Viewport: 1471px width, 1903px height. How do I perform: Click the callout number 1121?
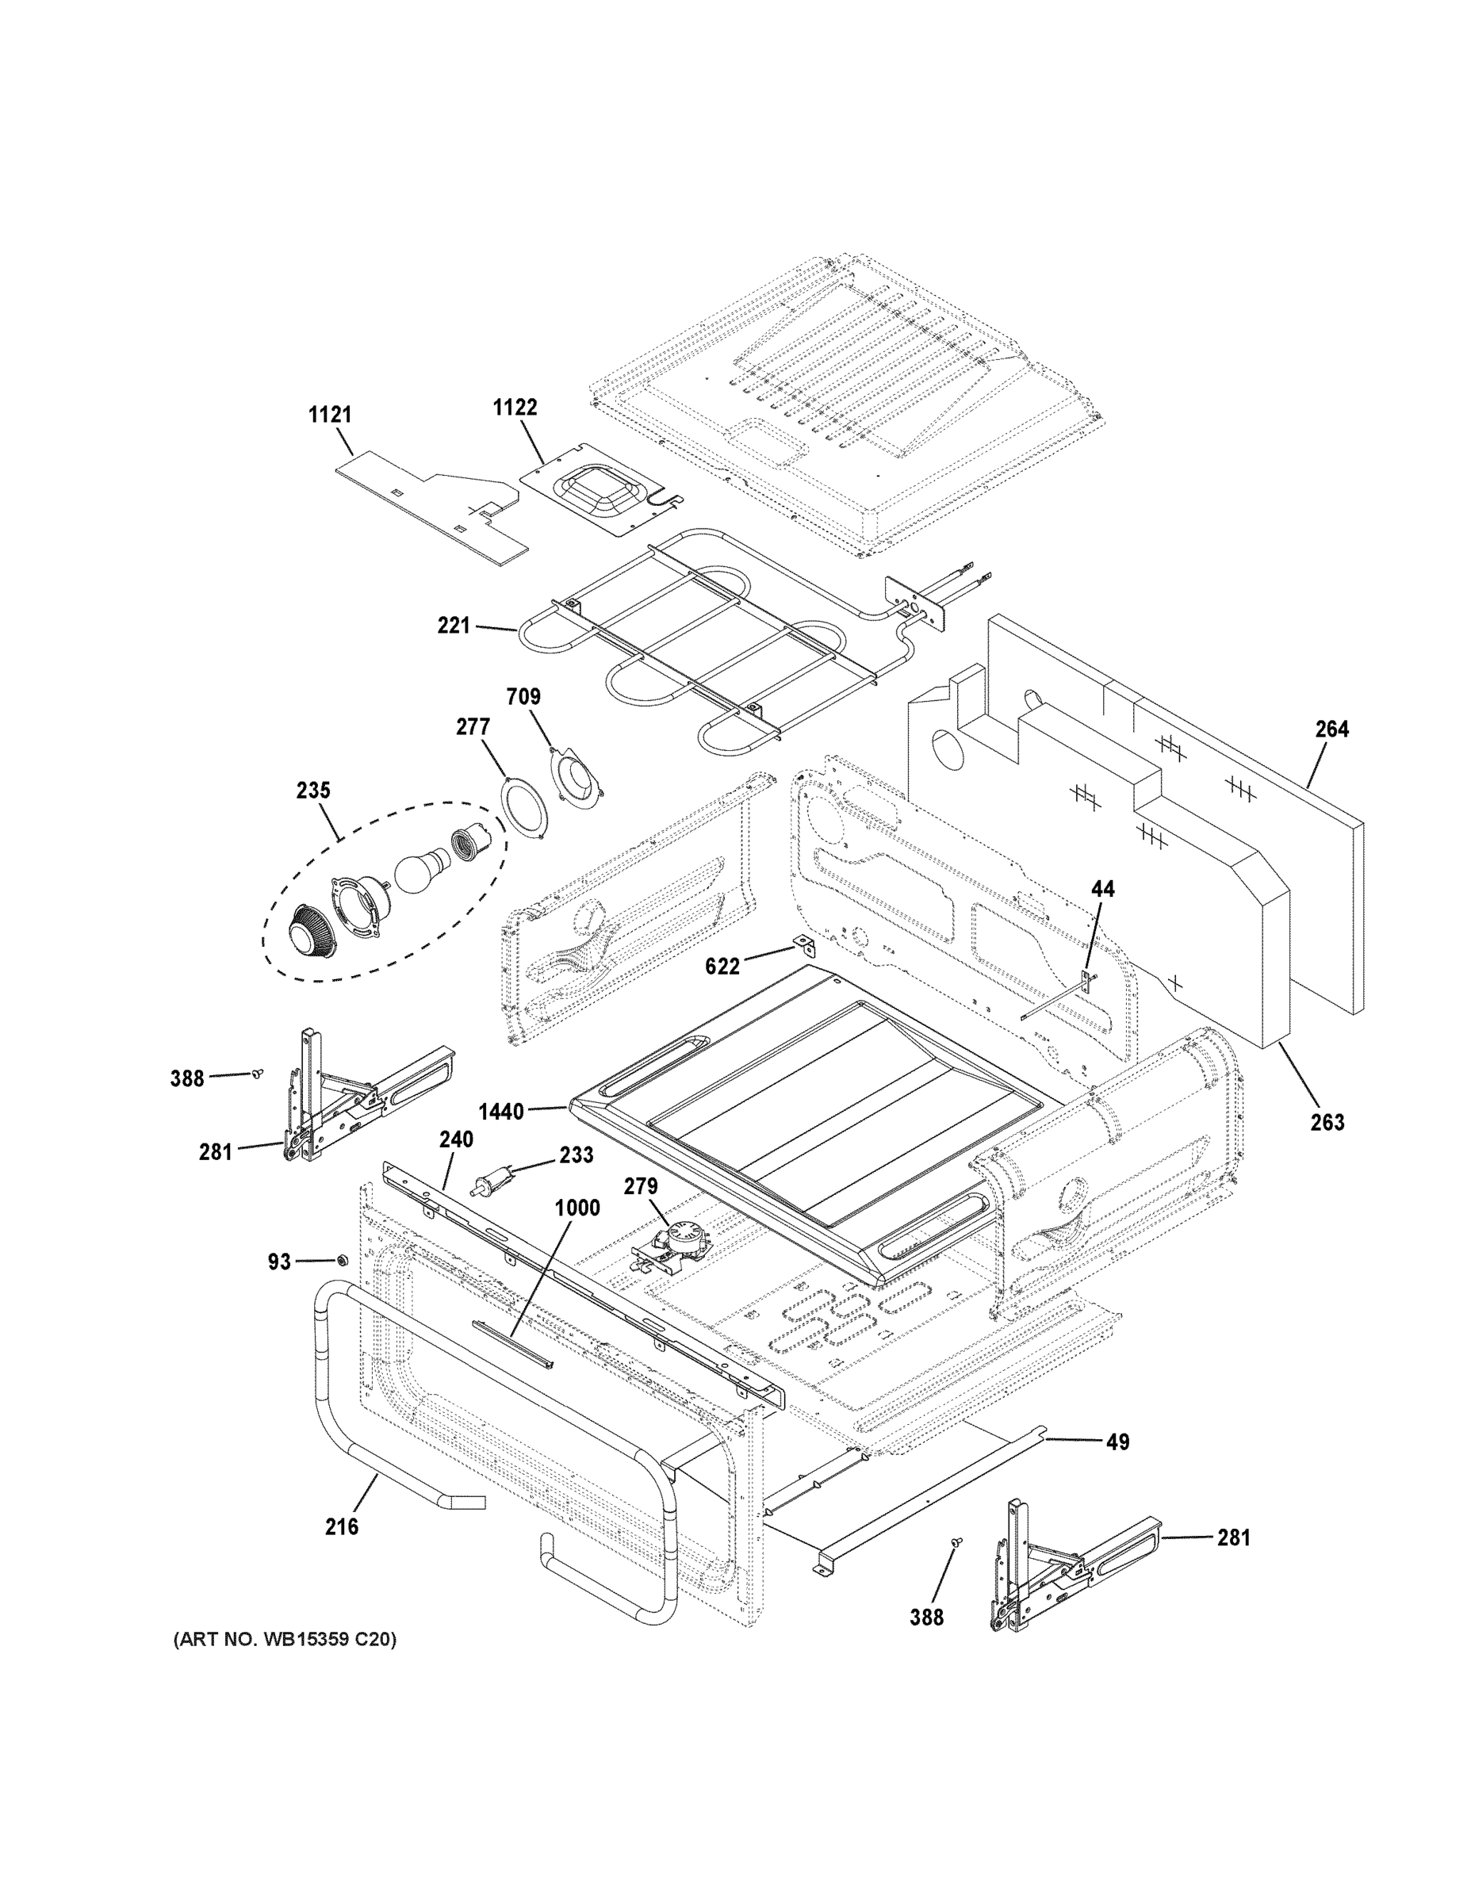pos(329,415)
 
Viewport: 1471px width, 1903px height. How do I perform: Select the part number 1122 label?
pos(515,407)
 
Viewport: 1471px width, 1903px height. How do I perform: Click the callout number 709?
pos(523,697)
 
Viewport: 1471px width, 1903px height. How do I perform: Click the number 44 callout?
pos(1102,889)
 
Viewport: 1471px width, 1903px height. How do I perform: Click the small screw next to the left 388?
pos(257,1074)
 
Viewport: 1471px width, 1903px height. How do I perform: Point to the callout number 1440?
pos(501,1111)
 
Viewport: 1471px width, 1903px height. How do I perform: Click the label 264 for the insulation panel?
pos(1331,729)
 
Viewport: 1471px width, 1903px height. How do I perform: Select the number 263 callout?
pos(1327,1122)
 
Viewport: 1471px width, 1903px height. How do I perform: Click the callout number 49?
pos(1117,1442)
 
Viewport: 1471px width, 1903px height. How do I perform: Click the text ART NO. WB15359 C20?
pos(285,1640)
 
